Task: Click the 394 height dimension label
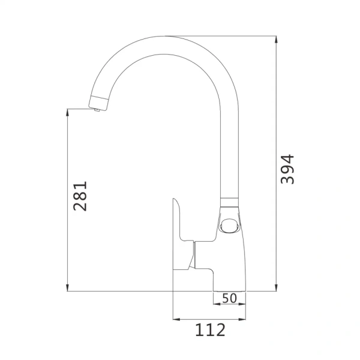[287, 169]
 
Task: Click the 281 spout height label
[80, 196]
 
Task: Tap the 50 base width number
[229, 298]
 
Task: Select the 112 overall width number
[210, 330]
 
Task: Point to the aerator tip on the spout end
[97, 110]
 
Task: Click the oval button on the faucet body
[229, 225]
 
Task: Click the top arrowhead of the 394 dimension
[276, 40]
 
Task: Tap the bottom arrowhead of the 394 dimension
[276, 287]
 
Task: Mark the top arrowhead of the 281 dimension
[67, 112]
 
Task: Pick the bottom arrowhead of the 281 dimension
[67, 287]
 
